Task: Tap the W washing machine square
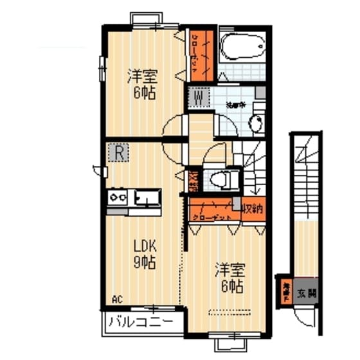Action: (199, 99)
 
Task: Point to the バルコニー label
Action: (139, 321)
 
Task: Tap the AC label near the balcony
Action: (116, 299)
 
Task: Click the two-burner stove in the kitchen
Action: (118, 196)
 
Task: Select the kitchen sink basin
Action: (146, 197)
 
